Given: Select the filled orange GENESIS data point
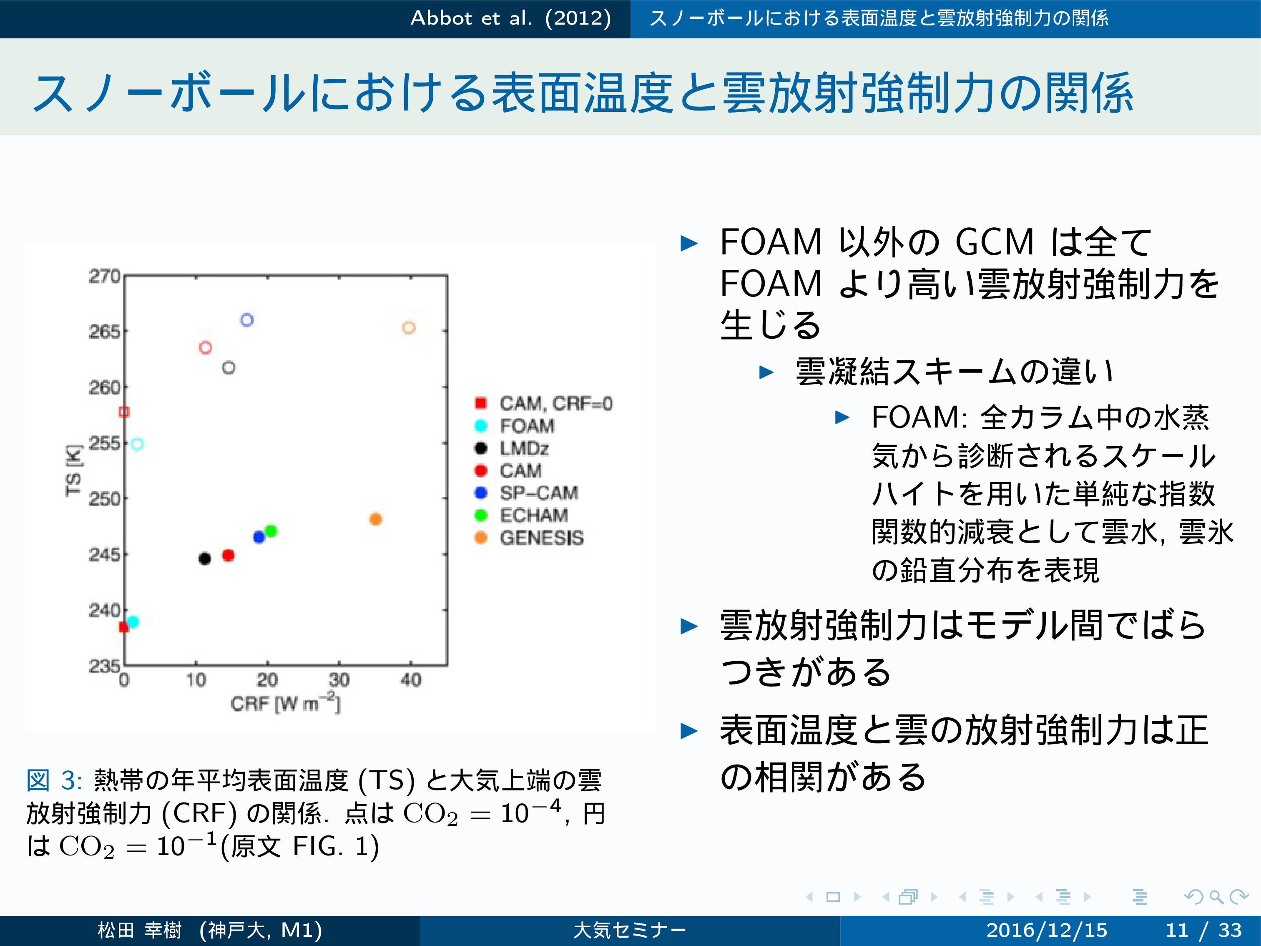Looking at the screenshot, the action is coord(375,519).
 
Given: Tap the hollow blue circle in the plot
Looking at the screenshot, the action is coord(247,320).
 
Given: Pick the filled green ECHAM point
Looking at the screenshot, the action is coord(271,531).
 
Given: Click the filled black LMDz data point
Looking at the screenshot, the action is coord(205,558).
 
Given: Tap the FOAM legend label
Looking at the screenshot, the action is coord(527,426).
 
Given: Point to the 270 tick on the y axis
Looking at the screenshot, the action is coord(104,276).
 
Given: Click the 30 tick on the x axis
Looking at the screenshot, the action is coord(339,680).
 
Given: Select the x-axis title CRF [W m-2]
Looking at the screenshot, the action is coord(285,703).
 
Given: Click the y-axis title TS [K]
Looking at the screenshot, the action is coord(74,471).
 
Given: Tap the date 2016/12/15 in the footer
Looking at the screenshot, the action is coord(1047,930).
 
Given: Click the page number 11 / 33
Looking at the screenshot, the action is coord(1203,930).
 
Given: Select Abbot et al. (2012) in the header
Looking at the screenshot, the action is coord(511,18).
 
